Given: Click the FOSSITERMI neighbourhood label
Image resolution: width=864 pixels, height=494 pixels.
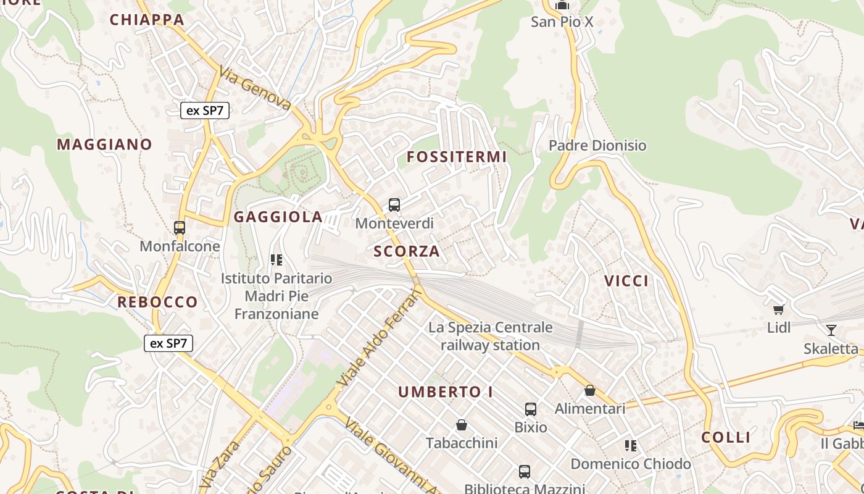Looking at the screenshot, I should click(x=457, y=157).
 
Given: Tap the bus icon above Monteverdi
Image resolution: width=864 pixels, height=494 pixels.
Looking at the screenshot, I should click(x=394, y=205).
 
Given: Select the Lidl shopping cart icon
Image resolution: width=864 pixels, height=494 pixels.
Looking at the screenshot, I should click(x=779, y=309).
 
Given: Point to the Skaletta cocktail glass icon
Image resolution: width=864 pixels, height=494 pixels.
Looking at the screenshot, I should click(x=831, y=330).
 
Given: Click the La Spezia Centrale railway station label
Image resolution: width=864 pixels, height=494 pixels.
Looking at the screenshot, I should click(x=491, y=336).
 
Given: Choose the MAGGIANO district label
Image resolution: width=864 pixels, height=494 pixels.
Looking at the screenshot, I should click(x=104, y=144).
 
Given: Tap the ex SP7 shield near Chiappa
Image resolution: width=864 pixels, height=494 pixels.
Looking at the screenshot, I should click(x=205, y=111).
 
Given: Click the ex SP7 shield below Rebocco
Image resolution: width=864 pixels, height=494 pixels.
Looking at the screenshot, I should click(x=168, y=343).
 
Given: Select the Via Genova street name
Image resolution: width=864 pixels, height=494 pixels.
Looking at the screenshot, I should click(x=254, y=89).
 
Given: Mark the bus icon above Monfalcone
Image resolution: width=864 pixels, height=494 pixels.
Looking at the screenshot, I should click(x=180, y=228).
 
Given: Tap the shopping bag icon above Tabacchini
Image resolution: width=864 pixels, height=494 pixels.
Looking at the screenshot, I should click(x=461, y=425).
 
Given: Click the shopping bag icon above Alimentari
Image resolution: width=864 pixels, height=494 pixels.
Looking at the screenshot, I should click(x=590, y=390).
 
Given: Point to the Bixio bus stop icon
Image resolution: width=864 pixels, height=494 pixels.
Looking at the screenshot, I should click(x=531, y=409).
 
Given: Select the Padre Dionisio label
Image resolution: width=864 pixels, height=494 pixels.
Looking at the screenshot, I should click(x=597, y=146).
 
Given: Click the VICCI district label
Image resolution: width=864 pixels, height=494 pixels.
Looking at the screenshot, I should click(x=626, y=281).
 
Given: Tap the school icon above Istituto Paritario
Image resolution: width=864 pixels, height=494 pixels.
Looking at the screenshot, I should click(x=276, y=260).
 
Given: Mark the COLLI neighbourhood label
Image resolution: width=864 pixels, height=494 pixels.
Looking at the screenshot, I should click(x=726, y=438).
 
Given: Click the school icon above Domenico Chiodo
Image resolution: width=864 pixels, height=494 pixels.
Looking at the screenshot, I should click(x=630, y=445).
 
